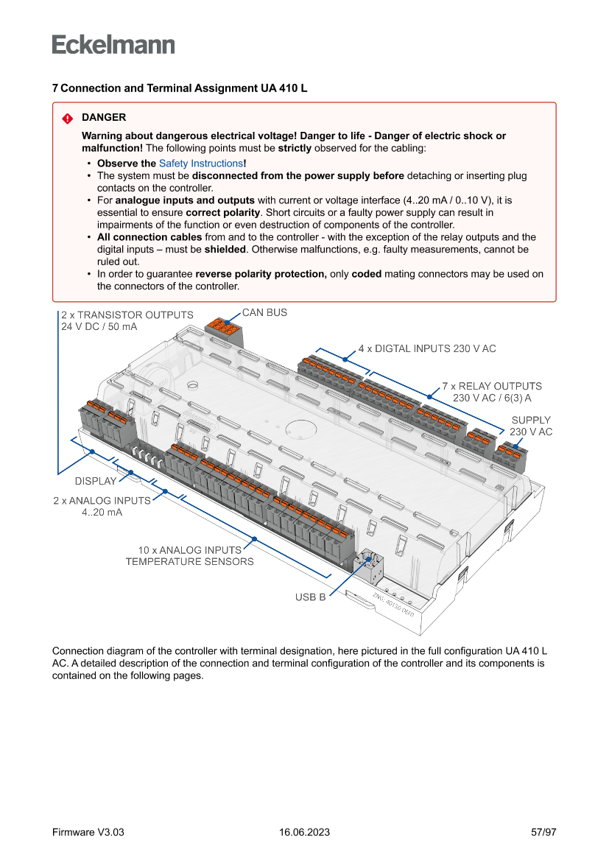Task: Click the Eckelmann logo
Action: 113,45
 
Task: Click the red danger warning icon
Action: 67,118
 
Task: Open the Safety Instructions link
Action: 201,164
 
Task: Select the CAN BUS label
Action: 264,313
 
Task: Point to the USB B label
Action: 310,597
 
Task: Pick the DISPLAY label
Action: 96,482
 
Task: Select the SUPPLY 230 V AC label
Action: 531,426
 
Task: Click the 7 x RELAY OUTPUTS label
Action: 491,392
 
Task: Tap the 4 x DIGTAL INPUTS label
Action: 427,348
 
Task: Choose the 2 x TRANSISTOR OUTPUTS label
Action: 127,320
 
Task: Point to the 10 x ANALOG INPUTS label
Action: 189,556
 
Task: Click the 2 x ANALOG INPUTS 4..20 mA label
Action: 102,506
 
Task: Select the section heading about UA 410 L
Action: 180,88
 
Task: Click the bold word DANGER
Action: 104,117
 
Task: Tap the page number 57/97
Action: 543,832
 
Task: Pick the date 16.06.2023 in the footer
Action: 304,832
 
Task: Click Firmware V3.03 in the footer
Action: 88,832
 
